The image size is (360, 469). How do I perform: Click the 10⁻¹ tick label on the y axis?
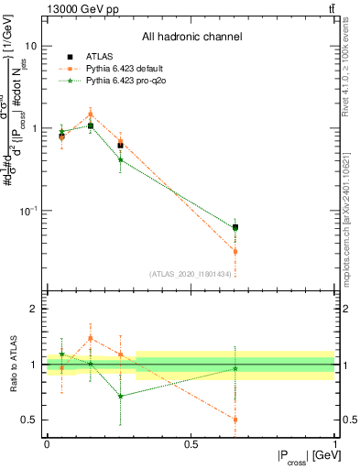pyautogui.click(x=27, y=211)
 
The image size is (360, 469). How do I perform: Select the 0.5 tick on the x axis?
pyautogui.click(x=191, y=444)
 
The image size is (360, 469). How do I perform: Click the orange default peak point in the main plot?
pyautogui.click(x=90, y=115)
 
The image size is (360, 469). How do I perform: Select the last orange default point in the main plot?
pyautogui.click(x=235, y=251)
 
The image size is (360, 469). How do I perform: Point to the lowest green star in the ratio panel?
pyautogui.click(x=120, y=397)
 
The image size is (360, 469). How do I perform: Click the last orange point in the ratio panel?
pyautogui.click(x=235, y=420)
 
